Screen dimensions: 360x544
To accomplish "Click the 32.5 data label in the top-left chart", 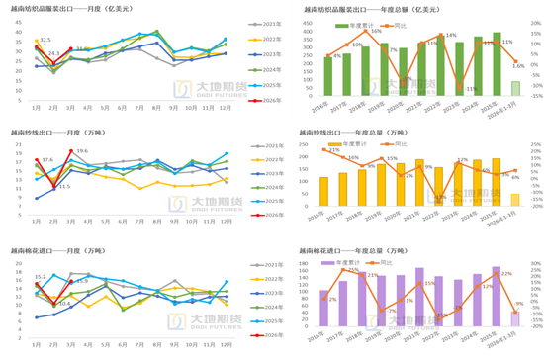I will (x=45, y=41).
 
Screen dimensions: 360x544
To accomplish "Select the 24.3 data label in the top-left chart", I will (x=53, y=53).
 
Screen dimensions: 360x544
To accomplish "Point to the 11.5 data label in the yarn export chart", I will (x=64, y=186).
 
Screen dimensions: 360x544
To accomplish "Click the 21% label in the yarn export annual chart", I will (x=333, y=150).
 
